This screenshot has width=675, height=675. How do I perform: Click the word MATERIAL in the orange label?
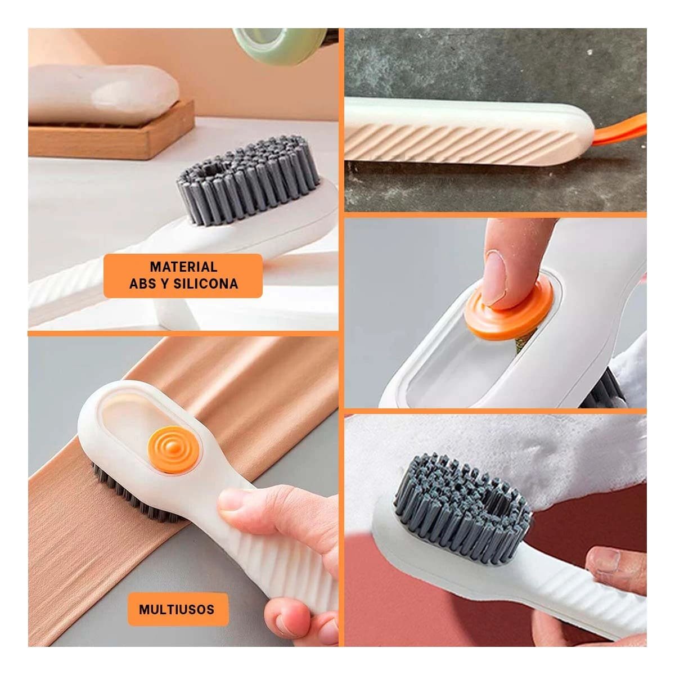pyautogui.click(x=183, y=267)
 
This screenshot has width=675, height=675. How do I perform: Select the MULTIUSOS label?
pyautogui.click(x=177, y=609)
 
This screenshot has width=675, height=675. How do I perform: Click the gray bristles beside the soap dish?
pyautogui.click(x=247, y=180)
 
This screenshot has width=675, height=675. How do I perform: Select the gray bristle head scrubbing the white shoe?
pyautogui.click(x=461, y=506)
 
